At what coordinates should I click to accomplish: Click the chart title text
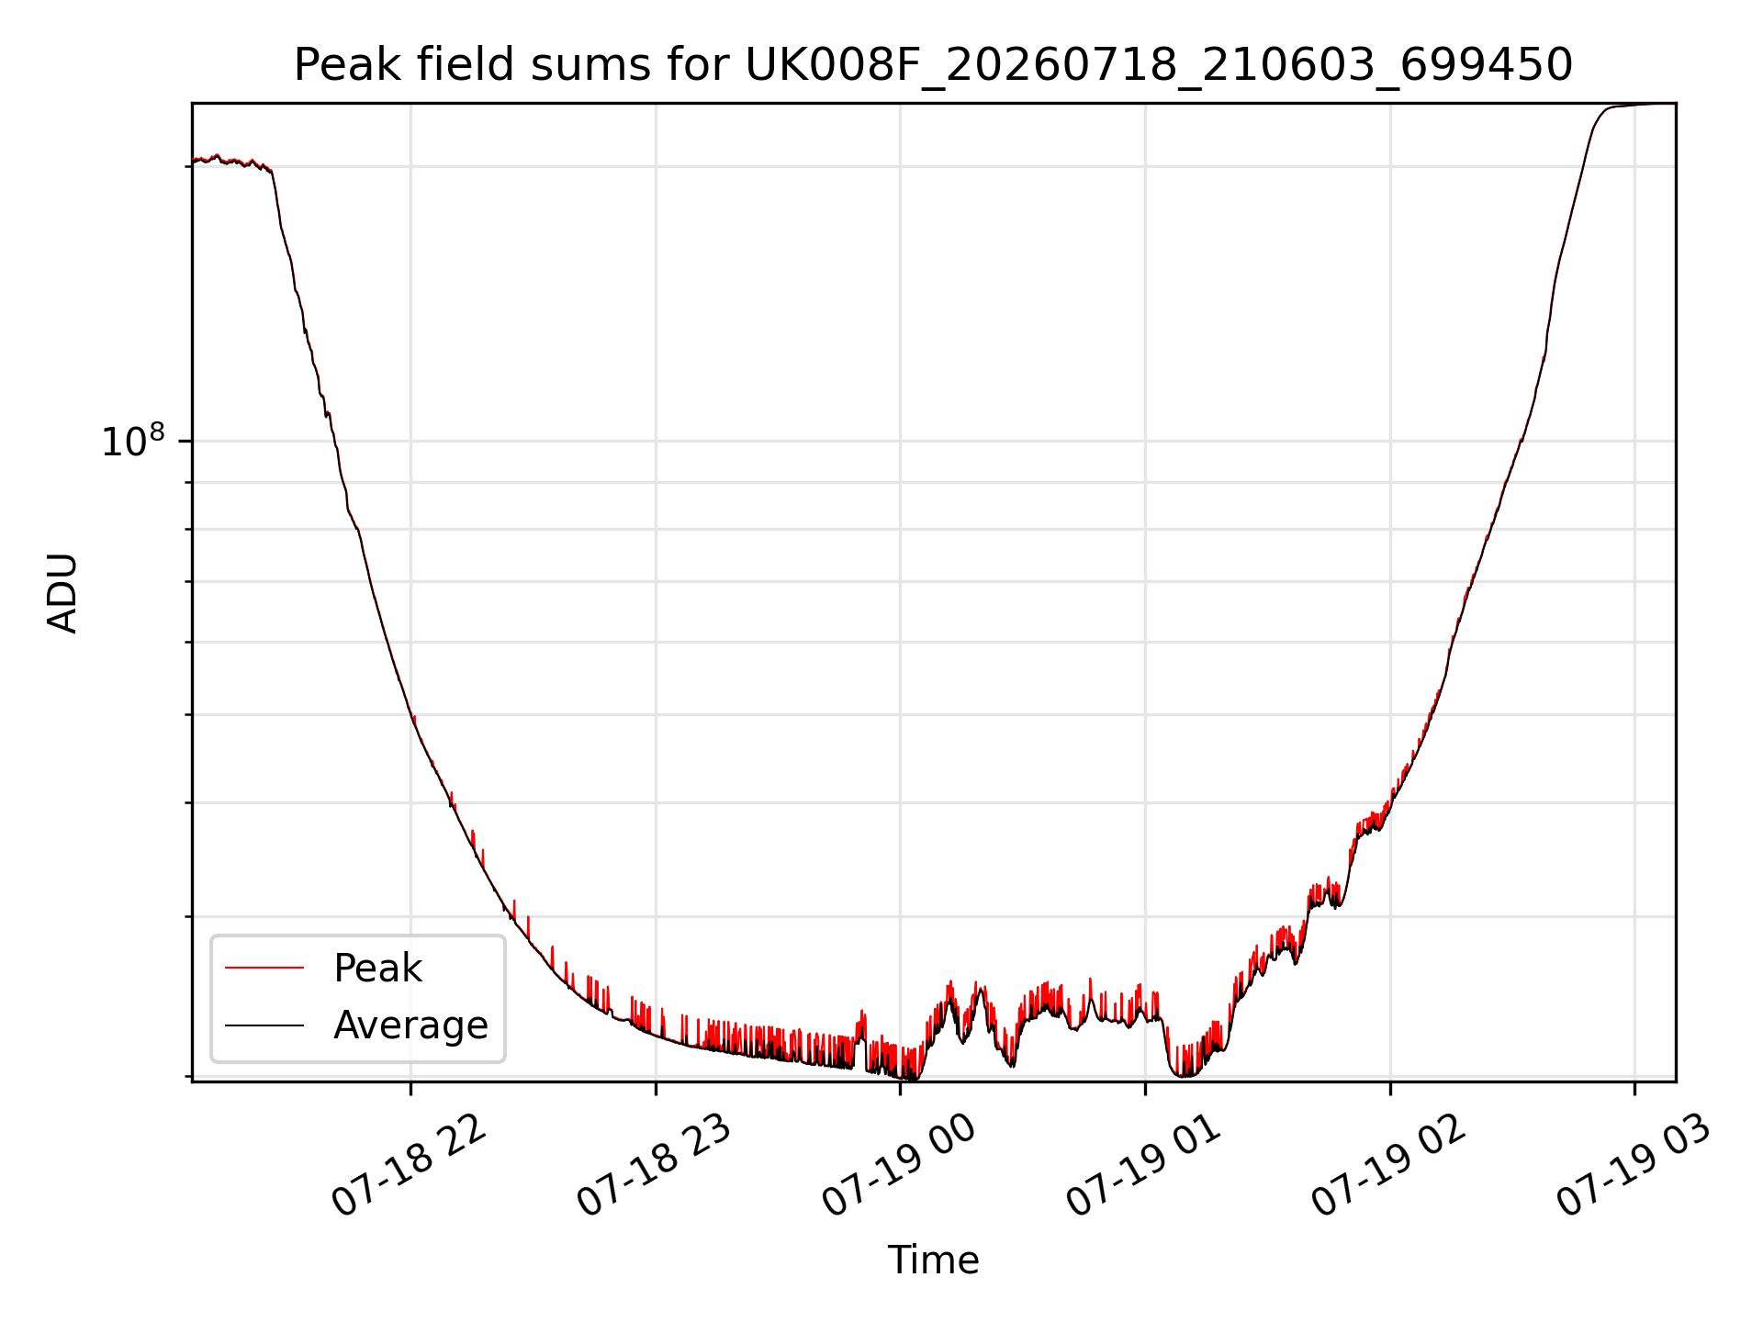(x=933, y=65)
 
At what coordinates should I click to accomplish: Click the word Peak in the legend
(x=377, y=969)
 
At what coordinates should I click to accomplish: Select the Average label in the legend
(x=410, y=1025)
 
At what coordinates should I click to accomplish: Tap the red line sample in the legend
(x=264, y=968)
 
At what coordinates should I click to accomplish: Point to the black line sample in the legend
(x=264, y=1025)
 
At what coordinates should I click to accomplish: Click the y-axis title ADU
(x=62, y=593)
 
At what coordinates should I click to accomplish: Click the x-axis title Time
(x=933, y=1260)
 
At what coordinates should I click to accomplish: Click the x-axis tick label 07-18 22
(x=409, y=1166)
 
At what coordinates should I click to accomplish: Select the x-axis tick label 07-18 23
(x=654, y=1166)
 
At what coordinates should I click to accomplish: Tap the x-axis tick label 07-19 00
(x=899, y=1166)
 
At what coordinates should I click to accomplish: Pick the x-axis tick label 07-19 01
(x=1144, y=1166)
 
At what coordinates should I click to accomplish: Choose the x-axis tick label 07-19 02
(x=1389, y=1166)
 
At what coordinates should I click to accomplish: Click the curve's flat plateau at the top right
(x=1639, y=105)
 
